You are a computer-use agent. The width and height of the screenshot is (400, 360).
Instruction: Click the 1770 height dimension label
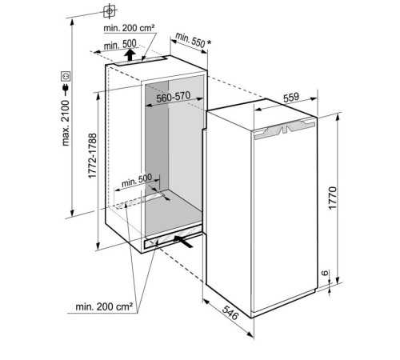[333, 198]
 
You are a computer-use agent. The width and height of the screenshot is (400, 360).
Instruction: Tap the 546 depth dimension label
[230, 313]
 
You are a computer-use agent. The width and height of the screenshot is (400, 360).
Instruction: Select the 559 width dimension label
[291, 98]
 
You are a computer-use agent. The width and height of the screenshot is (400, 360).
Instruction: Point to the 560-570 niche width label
[174, 97]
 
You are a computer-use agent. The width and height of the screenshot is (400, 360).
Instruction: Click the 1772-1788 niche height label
[92, 156]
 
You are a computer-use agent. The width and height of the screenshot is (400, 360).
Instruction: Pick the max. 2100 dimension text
[66, 123]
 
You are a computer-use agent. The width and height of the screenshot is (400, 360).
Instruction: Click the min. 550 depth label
[190, 40]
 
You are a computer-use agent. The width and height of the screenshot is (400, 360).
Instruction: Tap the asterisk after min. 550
[209, 42]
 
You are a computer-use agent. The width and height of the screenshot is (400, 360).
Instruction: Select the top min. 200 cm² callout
[130, 28]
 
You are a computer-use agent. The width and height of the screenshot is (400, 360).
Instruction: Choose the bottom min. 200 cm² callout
[104, 306]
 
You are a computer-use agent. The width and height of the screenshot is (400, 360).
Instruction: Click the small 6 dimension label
[325, 273]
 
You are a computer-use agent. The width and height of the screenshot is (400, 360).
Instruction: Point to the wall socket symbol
[66, 77]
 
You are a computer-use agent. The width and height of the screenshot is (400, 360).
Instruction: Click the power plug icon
[66, 90]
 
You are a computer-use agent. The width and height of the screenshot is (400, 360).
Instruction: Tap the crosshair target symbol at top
[110, 11]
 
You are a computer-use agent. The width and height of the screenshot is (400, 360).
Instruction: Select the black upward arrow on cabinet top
[130, 54]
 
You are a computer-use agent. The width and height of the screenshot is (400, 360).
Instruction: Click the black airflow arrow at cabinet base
[183, 241]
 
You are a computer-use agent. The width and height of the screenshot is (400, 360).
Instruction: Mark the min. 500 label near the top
[120, 45]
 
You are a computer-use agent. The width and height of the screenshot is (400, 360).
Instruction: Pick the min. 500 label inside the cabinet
[137, 180]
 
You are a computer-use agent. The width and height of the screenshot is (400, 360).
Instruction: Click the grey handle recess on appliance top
[285, 130]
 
